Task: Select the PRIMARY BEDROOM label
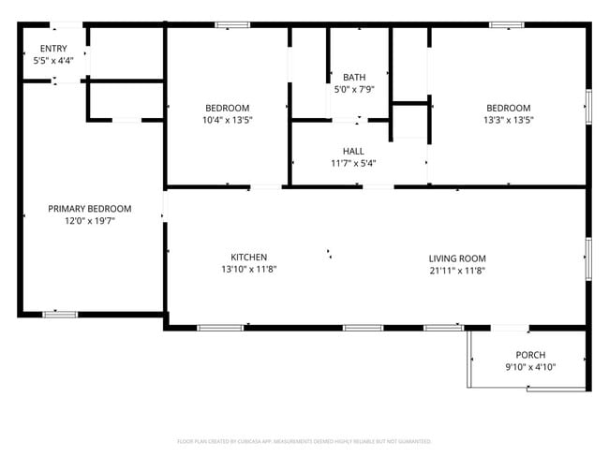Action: [90, 209]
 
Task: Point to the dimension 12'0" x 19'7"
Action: [90, 222]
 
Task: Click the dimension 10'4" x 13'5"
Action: [228, 120]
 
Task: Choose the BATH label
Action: [354, 78]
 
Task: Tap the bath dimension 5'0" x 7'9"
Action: [354, 90]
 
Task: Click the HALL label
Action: [353, 151]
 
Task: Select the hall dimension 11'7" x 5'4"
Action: [353, 164]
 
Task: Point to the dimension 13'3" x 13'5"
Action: [508, 120]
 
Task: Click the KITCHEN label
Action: [249, 258]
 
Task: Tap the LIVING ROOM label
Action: [457, 258]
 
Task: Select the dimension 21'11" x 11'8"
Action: [457, 271]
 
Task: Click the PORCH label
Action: [530, 355]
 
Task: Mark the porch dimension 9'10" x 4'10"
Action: [530, 367]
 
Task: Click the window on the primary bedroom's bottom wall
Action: [60, 314]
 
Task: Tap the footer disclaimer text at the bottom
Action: [304, 440]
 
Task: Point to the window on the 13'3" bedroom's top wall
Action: [506, 24]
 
